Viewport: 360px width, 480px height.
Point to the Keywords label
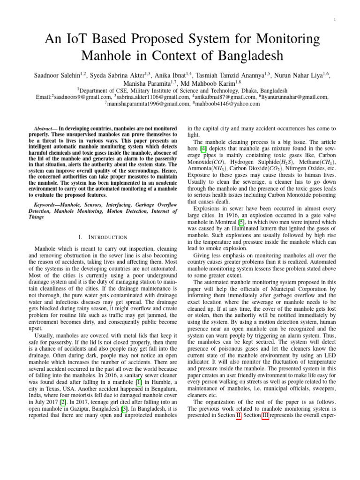point(48,205)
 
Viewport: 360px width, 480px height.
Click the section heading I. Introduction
point(104,237)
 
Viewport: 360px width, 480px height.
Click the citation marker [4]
point(203,149)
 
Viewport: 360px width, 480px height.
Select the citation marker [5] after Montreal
point(241,221)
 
